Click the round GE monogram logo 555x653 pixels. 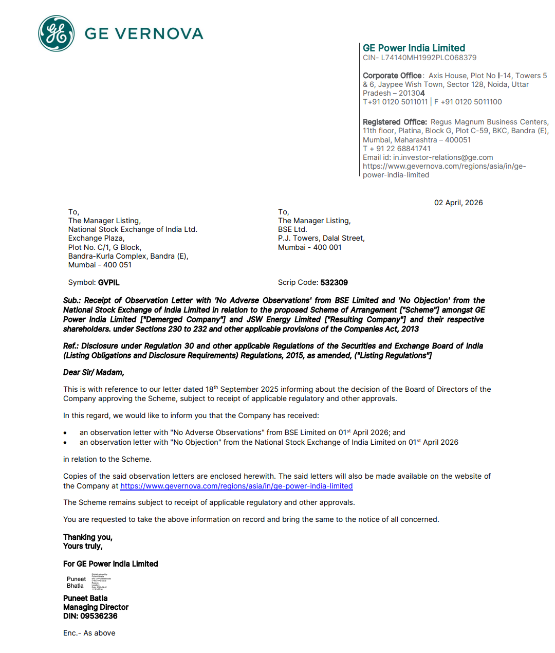(x=57, y=34)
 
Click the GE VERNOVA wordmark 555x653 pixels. (x=144, y=34)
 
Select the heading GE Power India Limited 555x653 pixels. (x=414, y=48)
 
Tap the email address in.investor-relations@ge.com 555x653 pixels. (x=443, y=157)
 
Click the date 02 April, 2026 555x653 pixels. (x=458, y=203)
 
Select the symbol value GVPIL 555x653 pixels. (x=108, y=283)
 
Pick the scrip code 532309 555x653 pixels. (x=334, y=283)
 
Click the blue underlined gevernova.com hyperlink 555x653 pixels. (x=236, y=486)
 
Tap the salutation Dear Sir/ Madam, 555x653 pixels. (x=94, y=372)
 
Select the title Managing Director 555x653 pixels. (x=96, y=607)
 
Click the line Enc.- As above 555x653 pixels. (x=89, y=633)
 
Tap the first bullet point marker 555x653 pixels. (x=65, y=433)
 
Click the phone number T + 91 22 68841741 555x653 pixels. (x=397, y=149)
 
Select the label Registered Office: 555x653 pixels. (x=395, y=122)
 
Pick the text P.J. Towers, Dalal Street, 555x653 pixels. (x=321, y=238)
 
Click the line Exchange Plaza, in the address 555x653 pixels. (x=96, y=238)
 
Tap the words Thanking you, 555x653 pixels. (x=88, y=537)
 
